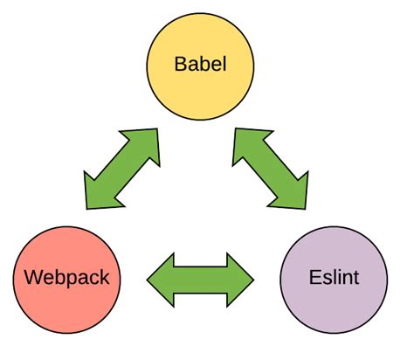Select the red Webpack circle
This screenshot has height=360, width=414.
click(67, 279)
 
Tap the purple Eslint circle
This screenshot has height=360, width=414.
click(333, 279)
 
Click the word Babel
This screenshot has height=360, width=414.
click(200, 65)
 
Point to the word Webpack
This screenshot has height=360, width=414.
click(67, 279)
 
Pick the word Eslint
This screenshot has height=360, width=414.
click(334, 279)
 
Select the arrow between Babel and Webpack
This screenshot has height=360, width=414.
click(122, 170)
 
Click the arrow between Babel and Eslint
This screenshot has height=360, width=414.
click(271, 170)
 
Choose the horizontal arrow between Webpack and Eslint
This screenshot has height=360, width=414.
click(200, 280)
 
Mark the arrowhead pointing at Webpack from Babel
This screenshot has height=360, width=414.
click(99, 193)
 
